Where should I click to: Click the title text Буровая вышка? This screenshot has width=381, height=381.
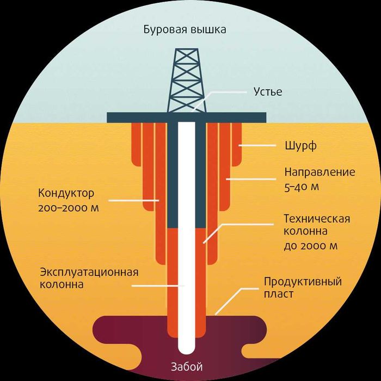(185, 30)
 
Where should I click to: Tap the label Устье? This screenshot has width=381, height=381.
(268, 92)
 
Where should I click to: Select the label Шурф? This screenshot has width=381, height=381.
(300, 146)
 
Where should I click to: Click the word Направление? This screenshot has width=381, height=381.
(320, 172)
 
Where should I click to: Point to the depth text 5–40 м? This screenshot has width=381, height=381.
(302, 187)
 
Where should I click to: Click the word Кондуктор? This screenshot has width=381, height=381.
(66, 194)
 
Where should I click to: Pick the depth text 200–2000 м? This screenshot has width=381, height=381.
(69, 208)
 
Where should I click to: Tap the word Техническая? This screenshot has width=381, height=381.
(317, 219)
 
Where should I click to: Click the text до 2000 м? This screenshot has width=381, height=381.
(311, 246)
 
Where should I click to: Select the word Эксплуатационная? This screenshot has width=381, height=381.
(89, 272)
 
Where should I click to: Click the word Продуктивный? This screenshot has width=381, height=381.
(303, 282)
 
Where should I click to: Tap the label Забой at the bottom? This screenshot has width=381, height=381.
(187, 367)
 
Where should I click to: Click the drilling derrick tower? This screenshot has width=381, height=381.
(186, 81)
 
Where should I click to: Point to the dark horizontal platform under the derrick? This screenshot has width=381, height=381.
(187, 118)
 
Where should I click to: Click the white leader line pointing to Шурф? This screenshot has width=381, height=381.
(257, 145)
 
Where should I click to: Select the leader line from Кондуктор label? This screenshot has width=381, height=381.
(134, 201)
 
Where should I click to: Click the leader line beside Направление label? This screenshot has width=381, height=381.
(251, 179)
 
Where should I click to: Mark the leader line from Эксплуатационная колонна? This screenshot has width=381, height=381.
(158, 286)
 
